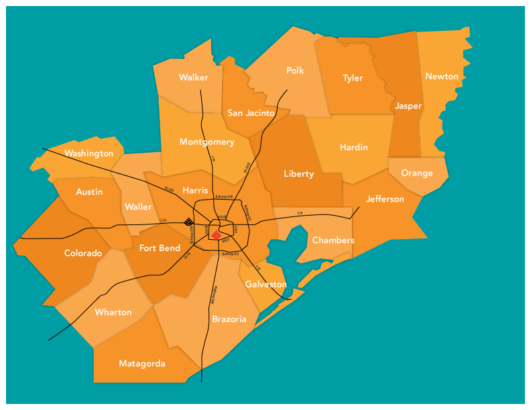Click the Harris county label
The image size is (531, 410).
tap(195, 190)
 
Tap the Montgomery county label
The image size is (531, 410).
tap(207, 142)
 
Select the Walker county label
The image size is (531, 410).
tap(193, 78)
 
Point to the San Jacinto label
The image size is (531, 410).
tap(251, 113)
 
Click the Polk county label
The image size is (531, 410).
tap(295, 70)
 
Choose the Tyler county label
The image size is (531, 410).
tap(353, 78)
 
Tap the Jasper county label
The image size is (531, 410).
tap(408, 106)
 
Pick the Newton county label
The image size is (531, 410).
tap(442, 76)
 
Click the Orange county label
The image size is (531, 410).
tap(417, 173)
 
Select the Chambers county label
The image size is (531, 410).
tap(333, 241)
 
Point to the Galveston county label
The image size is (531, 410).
tap(266, 284)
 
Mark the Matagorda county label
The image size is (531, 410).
tap(142, 363)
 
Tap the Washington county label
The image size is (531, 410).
tap(89, 153)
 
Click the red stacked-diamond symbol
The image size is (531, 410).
tap(216, 234)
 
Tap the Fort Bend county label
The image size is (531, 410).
tap(160, 249)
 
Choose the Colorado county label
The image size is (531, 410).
tap(83, 253)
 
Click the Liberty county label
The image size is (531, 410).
tap(299, 174)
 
